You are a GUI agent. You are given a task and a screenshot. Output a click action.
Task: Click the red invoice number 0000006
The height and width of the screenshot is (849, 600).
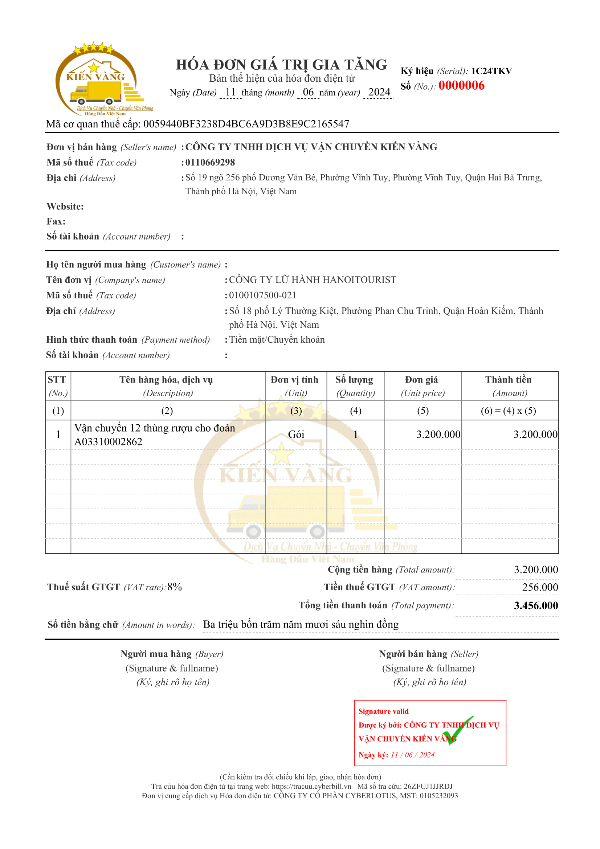[x=461, y=85]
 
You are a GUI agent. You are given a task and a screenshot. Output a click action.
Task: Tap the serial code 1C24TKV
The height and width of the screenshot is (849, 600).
[x=491, y=71]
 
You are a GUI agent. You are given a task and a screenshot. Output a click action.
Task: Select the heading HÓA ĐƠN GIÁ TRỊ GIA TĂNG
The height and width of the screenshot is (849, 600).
[x=281, y=65]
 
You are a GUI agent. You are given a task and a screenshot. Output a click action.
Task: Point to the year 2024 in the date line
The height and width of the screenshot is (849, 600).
[x=379, y=92]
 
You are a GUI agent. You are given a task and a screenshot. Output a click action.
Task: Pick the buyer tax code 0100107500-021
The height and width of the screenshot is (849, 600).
[x=262, y=295]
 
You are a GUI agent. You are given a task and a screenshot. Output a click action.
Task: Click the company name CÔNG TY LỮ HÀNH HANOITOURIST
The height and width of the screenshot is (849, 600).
[x=313, y=279]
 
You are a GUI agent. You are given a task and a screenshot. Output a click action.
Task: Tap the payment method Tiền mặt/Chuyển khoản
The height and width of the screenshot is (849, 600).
[x=277, y=339]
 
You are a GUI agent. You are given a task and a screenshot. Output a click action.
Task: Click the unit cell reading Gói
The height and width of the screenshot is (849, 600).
[x=296, y=434]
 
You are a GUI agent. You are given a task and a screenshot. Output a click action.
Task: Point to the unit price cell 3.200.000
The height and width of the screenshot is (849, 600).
[x=438, y=434]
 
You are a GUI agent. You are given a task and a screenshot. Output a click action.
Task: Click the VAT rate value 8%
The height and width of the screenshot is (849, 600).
[x=175, y=587]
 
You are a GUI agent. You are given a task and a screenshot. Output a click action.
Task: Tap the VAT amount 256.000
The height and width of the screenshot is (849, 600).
[x=540, y=587]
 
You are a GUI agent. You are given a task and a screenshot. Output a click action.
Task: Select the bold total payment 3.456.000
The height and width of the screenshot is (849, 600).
[x=536, y=605]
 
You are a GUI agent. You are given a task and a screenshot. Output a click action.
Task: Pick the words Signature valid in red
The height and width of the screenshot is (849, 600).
[x=383, y=711]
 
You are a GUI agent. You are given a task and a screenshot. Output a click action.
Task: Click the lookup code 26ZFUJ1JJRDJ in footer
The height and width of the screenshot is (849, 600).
[x=428, y=786]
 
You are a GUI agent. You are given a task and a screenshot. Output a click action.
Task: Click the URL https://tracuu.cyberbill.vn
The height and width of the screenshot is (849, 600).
[x=311, y=786]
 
